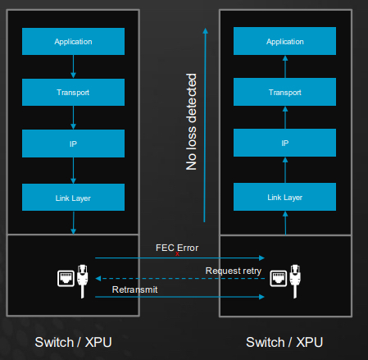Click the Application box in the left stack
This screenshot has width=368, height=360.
(73, 41)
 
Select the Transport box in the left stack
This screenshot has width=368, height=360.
(73, 92)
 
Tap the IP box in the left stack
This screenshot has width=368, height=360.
(73, 144)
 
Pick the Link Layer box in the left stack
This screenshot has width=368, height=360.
(73, 197)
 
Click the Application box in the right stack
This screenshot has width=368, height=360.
(284, 41)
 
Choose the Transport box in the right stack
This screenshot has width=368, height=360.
(284, 92)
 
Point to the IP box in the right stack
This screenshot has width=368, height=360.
(284, 144)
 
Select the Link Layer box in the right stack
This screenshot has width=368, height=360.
(284, 197)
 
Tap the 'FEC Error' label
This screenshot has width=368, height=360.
(177, 247)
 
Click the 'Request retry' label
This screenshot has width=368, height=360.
(233, 270)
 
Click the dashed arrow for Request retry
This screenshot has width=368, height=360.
(164, 279)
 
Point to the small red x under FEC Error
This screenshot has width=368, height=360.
(177, 254)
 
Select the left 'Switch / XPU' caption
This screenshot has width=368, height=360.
(73, 341)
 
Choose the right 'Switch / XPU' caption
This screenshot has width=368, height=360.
(284, 341)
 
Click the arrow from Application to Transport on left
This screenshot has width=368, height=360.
(73, 66)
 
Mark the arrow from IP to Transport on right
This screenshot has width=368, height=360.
(284, 117)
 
